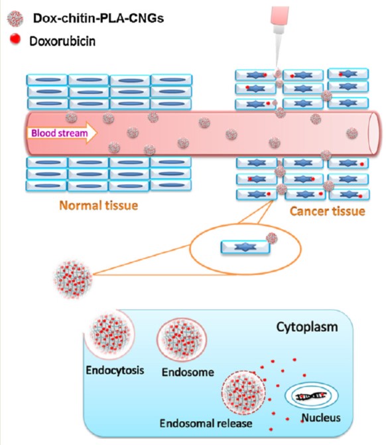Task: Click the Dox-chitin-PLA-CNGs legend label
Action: [x=98, y=18]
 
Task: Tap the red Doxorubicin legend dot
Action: [x=15, y=39]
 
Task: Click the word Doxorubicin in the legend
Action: [x=62, y=41]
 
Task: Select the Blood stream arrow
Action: [x=62, y=133]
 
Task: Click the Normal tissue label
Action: [x=99, y=205]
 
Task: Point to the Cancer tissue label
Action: [x=328, y=211]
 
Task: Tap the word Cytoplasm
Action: [x=307, y=327]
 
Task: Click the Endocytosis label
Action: [x=115, y=370]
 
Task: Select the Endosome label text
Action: [x=188, y=372]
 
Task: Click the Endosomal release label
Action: [x=206, y=423]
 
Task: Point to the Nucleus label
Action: [x=321, y=418]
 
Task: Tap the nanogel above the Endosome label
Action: [x=182, y=339]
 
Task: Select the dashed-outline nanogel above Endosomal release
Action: [x=243, y=393]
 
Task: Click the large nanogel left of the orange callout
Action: [x=73, y=279]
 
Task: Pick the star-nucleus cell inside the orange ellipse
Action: [x=245, y=247]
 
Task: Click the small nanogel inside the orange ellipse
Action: [x=272, y=238]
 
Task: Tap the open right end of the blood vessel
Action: [x=373, y=133]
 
